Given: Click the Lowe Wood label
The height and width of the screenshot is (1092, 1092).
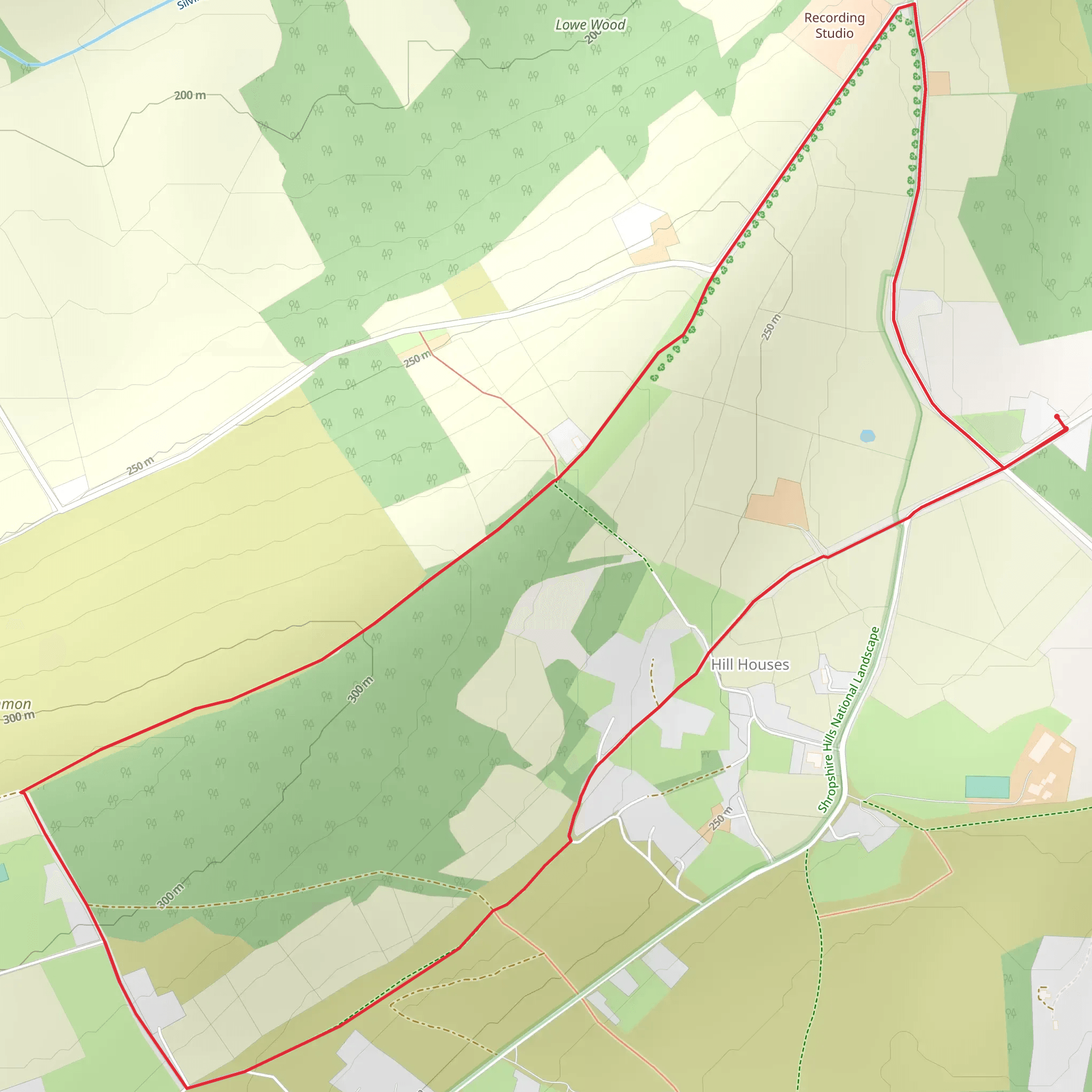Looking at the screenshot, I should click(x=590, y=25).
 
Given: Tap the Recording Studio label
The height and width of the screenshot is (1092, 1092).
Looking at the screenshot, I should click(x=834, y=26).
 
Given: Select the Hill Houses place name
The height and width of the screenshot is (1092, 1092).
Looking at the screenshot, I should click(x=750, y=665).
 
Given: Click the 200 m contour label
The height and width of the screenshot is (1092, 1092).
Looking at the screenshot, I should click(x=190, y=95).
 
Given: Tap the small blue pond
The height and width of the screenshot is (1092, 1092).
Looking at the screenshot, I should click(x=867, y=436).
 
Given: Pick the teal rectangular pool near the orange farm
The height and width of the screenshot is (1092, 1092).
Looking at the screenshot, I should click(x=987, y=787).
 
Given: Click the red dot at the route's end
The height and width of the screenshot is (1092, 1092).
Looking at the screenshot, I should click(x=1056, y=416).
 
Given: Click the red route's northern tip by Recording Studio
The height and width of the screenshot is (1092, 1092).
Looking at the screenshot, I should click(x=913, y=4).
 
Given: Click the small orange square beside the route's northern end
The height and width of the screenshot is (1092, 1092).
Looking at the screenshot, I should click(x=938, y=84).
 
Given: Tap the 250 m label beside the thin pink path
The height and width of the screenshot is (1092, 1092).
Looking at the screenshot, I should click(x=417, y=358).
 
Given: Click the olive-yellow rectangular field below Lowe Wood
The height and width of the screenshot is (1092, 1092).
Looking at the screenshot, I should click(x=475, y=290).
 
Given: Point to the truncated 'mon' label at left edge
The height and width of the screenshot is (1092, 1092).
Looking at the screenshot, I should click(x=15, y=704).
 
